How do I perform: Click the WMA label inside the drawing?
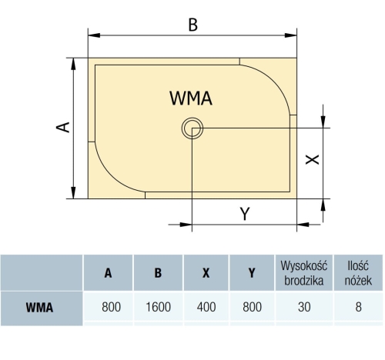[x=191, y=98]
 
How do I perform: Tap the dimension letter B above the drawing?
[x=193, y=25]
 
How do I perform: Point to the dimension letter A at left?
[x=63, y=127]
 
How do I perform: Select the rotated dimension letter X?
[x=312, y=159]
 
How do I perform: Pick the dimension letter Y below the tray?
[x=245, y=214]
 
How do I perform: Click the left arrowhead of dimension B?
[x=94, y=35]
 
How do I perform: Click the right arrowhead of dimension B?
[x=291, y=35]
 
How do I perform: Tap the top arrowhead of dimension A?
[x=73, y=64]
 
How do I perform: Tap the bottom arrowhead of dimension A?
[x=73, y=192]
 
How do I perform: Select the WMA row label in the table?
[x=39, y=307]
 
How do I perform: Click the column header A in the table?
[x=108, y=273]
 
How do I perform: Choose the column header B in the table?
[x=158, y=273]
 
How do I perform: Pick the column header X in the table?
[x=206, y=273]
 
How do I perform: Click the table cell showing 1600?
[x=158, y=307]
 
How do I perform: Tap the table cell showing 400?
[x=206, y=307]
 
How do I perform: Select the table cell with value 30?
[x=304, y=307]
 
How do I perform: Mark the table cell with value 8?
[x=358, y=307]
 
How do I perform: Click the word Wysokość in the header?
[x=304, y=265]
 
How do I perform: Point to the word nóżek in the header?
[x=358, y=280]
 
